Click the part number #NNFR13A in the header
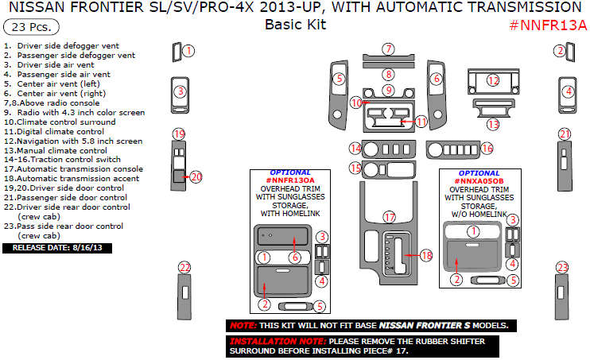[x=548, y=24]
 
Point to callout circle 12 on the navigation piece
[x=493, y=80]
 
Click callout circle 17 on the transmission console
[x=389, y=217]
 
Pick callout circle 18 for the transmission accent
[x=427, y=255]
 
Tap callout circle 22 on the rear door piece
[x=184, y=268]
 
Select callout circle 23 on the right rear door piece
[x=562, y=268]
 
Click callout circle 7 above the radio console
[x=387, y=49]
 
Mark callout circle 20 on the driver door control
[x=196, y=177]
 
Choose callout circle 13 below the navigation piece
[x=493, y=124]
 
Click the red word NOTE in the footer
[x=242, y=326]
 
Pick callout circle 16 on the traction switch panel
[x=487, y=149]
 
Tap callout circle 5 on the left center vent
[x=339, y=79]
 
